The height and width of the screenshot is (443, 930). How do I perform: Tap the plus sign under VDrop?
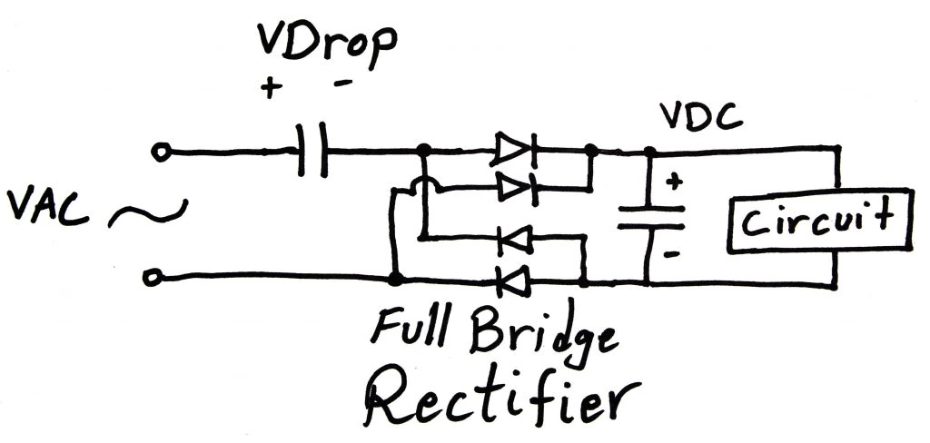(270, 88)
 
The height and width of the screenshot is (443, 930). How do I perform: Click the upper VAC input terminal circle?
(162, 153)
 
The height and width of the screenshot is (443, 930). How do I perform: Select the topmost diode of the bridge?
(515, 150)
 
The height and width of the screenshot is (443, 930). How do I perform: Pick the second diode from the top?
(515, 189)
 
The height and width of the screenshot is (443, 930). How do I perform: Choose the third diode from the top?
(514, 240)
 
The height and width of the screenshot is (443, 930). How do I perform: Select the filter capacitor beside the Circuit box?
(650, 218)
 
